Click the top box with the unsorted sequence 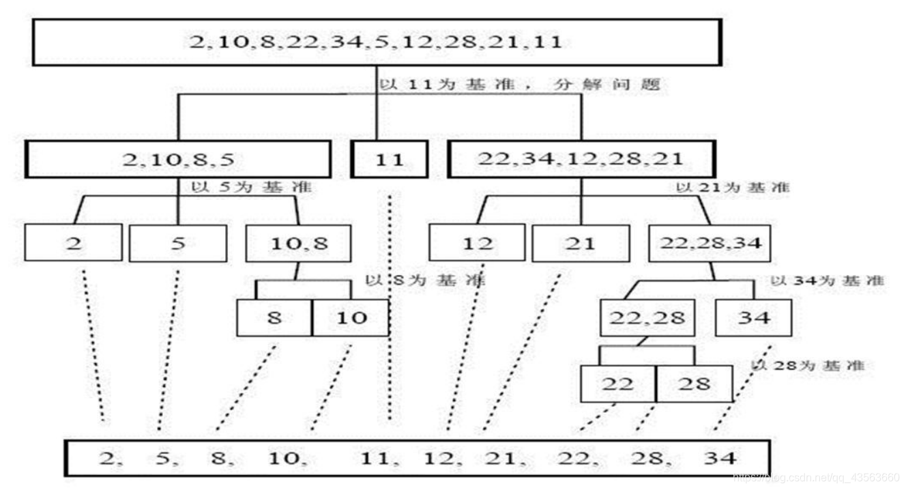(376, 42)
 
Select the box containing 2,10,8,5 (178, 160)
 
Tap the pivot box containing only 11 (390, 160)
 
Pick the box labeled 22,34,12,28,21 (581, 160)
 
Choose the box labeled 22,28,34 (710, 243)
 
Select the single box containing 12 (478, 243)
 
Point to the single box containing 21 (581, 243)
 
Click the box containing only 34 (754, 317)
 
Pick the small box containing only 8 (274, 318)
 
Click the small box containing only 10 (351, 318)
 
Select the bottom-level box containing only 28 (694, 384)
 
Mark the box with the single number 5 (178, 243)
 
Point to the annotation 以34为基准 (827, 280)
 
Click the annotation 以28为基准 (807, 366)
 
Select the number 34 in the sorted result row (719, 457)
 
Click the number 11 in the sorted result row (375, 457)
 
